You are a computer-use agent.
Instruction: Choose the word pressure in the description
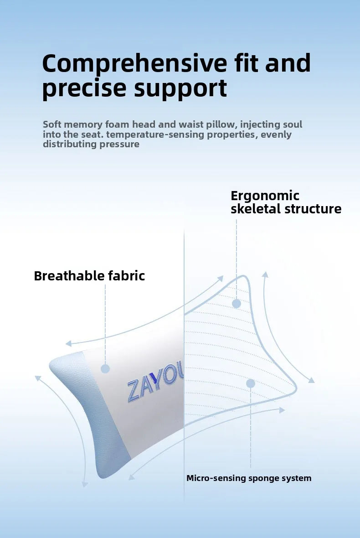pyautogui.click(x=119, y=145)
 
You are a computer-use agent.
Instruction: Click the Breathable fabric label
pyautogui.click(x=89, y=276)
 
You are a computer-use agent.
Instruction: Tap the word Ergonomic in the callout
pyautogui.click(x=265, y=196)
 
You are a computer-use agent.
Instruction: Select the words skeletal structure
pyautogui.click(x=286, y=209)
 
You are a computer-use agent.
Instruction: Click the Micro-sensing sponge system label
pyautogui.click(x=249, y=478)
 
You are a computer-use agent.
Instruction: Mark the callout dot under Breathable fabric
pyautogui.click(x=105, y=369)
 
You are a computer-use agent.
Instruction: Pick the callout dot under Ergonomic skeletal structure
pyautogui.click(x=236, y=304)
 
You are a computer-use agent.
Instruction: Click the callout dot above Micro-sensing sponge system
pyautogui.click(x=251, y=383)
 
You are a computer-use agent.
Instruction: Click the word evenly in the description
pyautogui.click(x=276, y=134)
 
